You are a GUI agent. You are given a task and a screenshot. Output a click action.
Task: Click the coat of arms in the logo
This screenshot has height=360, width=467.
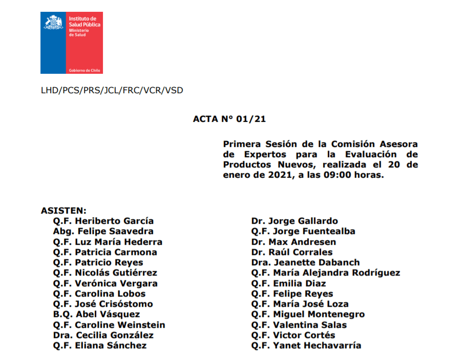click(x=54, y=22)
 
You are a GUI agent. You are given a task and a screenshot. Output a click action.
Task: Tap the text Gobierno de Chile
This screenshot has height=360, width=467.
click(x=84, y=70)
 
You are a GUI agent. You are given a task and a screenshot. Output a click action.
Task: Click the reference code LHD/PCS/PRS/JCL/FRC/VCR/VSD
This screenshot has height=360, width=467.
click(x=112, y=91)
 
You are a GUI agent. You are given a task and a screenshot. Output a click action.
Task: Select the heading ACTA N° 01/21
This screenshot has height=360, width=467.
click(x=229, y=119)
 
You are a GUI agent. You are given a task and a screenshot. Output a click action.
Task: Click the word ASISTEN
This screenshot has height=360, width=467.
click(x=63, y=210)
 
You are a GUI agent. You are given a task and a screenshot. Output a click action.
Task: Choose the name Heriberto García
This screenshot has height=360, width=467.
click(x=114, y=221)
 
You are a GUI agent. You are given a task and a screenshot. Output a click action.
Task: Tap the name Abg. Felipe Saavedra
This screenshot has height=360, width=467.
click(x=103, y=231)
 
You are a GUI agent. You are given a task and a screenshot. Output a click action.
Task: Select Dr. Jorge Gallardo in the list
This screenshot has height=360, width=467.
click(x=294, y=221)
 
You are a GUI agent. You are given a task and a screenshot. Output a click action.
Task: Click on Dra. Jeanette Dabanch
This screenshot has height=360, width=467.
click(x=305, y=263)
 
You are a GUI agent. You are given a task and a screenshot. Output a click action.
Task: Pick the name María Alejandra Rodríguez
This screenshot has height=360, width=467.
click(x=336, y=273)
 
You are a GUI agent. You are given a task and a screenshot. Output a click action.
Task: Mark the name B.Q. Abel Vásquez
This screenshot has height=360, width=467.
click(x=96, y=314)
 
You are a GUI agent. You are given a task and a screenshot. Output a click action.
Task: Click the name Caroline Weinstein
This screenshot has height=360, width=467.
click(x=120, y=325)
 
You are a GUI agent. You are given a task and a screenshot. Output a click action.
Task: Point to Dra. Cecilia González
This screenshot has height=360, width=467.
click(x=103, y=335)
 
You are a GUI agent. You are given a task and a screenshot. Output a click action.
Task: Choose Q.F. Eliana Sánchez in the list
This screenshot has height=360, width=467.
click(x=99, y=346)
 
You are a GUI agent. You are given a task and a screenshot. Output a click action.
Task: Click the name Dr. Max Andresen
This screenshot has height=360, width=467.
click(x=293, y=242)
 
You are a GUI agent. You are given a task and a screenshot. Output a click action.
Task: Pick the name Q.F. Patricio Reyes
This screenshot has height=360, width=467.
click(x=98, y=263)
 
